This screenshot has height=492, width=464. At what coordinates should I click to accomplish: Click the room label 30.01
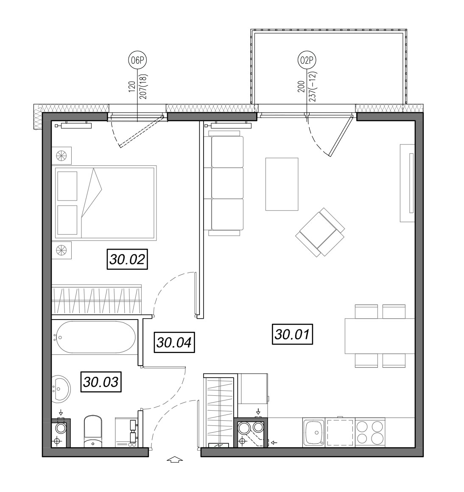tap(292, 334)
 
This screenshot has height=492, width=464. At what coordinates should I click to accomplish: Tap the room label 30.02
tap(128, 259)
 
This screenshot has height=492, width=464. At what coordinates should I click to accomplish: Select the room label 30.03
tap(101, 382)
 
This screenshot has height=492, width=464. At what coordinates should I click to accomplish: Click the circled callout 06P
tap(137, 60)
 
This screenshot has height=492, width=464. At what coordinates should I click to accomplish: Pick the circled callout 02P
tap(307, 60)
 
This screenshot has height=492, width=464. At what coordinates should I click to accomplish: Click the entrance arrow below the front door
tap(175, 460)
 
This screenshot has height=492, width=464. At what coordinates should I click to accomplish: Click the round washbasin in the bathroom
tap(61, 389)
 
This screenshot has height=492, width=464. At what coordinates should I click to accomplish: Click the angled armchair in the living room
tap(320, 232)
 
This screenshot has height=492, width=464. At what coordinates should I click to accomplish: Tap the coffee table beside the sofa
tap(282, 184)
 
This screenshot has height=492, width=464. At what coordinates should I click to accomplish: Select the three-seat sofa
tap(224, 183)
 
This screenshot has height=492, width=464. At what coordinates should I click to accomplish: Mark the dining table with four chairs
tap(380, 336)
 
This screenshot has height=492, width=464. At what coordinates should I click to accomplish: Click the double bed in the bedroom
tap(105, 203)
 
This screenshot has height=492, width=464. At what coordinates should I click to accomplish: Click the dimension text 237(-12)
tap(313, 86)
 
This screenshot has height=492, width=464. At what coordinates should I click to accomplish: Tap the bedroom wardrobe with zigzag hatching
tap(97, 299)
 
